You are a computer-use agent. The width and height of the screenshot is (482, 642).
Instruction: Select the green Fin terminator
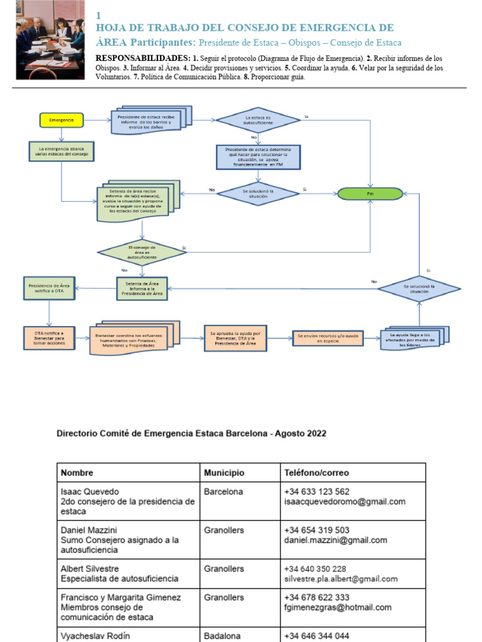(370, 194)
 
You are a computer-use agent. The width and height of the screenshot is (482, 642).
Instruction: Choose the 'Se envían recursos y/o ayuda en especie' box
(328, 339)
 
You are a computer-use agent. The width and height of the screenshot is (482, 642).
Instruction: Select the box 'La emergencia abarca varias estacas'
(62, 151)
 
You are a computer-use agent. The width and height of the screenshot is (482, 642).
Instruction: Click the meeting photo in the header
(50, 39)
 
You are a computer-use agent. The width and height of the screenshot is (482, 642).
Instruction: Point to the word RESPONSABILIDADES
(137, 58)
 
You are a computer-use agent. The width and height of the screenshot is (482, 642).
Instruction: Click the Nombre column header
(78, 473)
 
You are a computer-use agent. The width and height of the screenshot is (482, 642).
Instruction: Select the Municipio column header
(224, 473)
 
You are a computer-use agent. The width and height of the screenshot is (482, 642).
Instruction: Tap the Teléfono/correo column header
(316, 473)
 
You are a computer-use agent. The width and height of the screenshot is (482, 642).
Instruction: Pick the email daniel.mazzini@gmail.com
(335, 540)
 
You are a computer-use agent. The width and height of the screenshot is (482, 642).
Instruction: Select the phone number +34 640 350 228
(315, 569)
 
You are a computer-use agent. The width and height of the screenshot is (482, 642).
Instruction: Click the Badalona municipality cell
(222, 636)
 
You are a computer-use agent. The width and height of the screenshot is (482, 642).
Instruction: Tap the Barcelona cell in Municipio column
(223, 492)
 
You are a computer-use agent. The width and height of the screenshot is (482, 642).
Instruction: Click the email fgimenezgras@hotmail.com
(338, 607)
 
